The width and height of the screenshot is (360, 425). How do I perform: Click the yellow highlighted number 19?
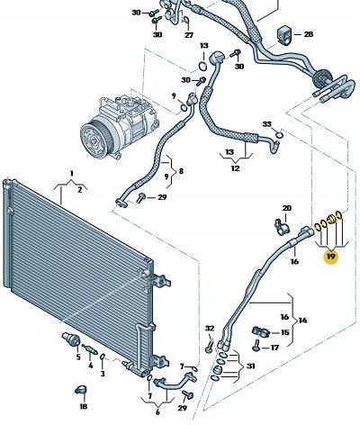331,257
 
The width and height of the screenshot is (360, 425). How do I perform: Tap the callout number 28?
308,34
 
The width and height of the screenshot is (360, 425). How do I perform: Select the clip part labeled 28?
283,35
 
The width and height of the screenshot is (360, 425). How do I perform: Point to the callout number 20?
287,208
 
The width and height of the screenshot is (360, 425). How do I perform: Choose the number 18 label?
83,406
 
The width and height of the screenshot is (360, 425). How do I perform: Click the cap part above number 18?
81,389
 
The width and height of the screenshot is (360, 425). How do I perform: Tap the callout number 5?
78,357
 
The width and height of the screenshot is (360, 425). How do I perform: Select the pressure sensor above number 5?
71,339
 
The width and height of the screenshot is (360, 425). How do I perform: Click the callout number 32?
210,329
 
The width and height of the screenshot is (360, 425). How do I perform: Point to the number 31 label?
250,366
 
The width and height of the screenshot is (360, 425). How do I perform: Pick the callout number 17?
274,348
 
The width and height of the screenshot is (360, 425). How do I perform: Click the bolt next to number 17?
256,345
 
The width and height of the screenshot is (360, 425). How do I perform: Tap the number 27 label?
189,35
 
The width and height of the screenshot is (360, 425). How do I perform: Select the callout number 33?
266,124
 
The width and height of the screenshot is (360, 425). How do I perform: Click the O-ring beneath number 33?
280,135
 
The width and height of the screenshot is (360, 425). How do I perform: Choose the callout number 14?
302,321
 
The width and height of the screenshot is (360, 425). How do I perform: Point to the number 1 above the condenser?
71,173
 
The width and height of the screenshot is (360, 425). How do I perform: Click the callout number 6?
157,412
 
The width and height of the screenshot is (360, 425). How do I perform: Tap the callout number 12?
236,168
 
